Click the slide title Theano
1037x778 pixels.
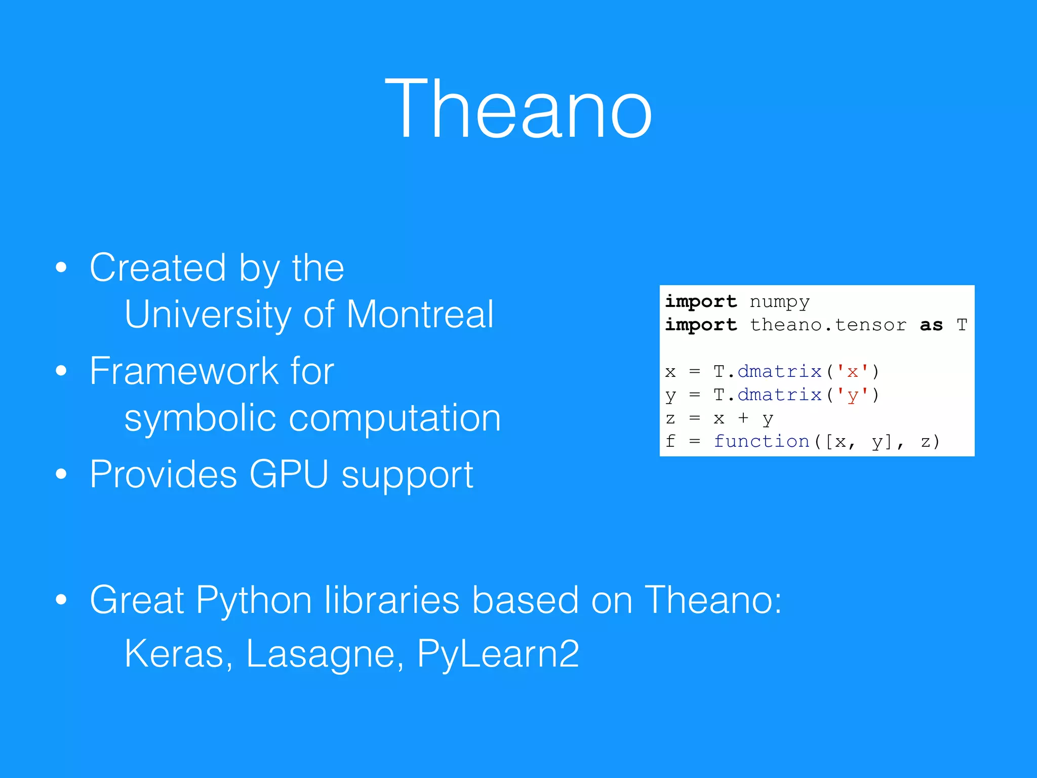click(x=518, y=109)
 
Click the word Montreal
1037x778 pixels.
click(x=420, y=315)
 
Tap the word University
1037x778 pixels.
click(x=208, y=315)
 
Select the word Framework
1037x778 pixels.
click(x=183, y=371)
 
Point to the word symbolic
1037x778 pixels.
click(x=200, y=418)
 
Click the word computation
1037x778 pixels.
click(x=395, y=418)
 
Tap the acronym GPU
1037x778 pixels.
click(x=289, y=475)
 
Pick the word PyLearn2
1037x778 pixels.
click(x=498, y=654)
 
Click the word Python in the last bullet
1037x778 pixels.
click(x=253, y=601)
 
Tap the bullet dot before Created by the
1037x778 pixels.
click(x=61, y=268)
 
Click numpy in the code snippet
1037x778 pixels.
click(x=779, y=302)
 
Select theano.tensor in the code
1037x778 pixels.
click(x=828, y=325)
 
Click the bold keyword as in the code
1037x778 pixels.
click(x=931, y=325)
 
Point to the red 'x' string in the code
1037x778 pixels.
click(x=852, y=372)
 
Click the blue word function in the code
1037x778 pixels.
click(x=762, y=442)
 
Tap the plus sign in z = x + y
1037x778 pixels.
click(x=743, y=418)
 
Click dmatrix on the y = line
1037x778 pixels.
click(x=779, y=395)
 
